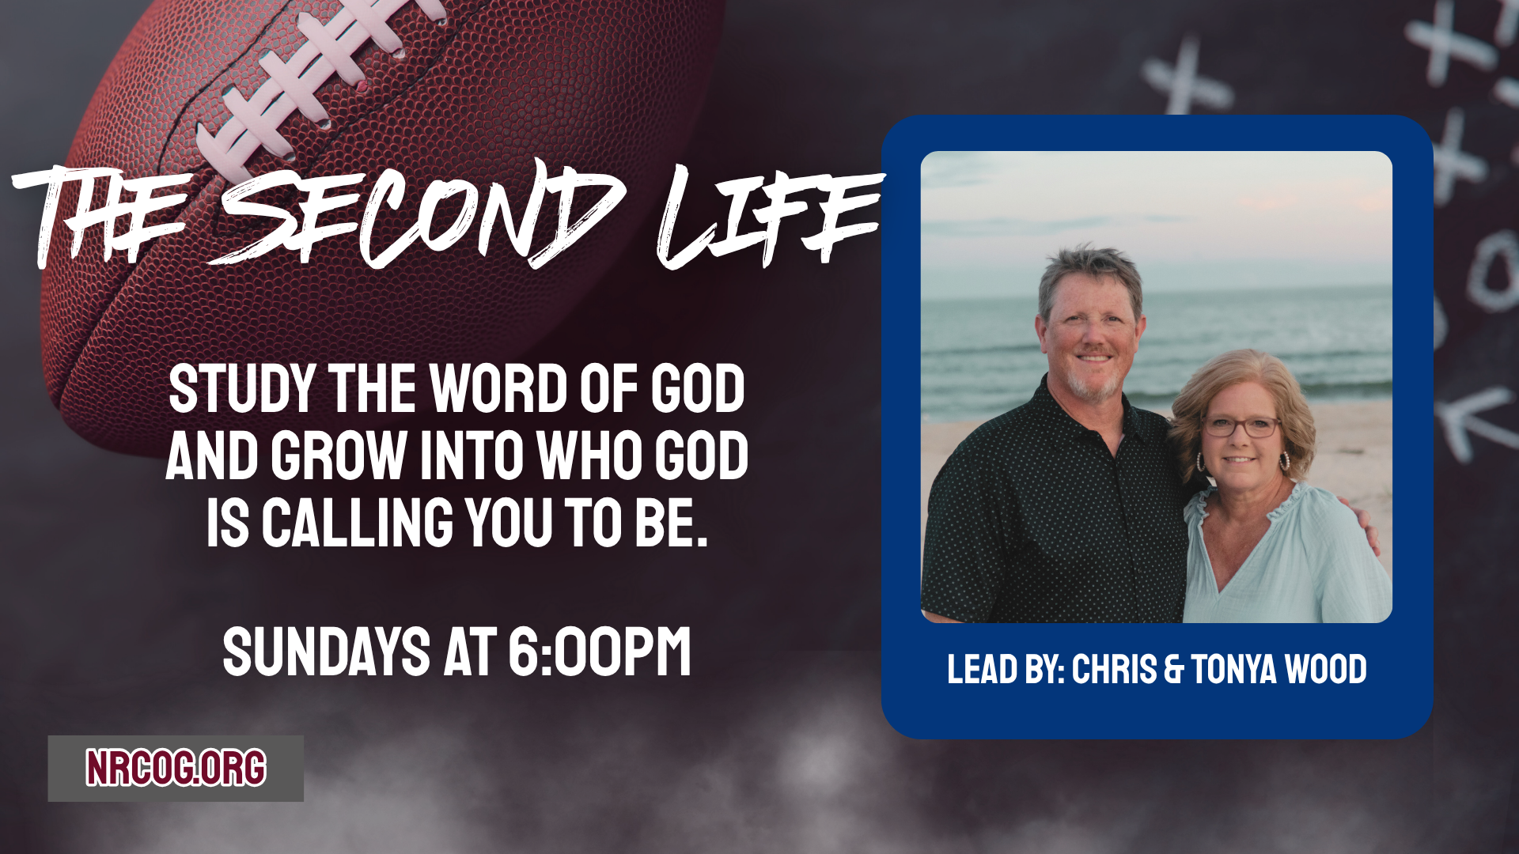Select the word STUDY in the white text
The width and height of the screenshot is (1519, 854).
tap(242, 389)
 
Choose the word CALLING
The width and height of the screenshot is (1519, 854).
tap(358, 523)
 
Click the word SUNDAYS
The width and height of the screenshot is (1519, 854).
tap(326, 652)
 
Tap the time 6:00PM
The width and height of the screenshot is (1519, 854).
tap(600, 652)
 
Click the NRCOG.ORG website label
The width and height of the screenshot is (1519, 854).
tap(176, 768)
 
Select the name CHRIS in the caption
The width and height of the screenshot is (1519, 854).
tap(1114, 669)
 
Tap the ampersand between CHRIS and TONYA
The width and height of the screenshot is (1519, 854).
tap(1174, 670)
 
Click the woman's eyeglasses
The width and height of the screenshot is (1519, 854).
tap(1241, 427)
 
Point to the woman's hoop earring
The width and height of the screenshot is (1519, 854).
tap(1284, 461)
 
